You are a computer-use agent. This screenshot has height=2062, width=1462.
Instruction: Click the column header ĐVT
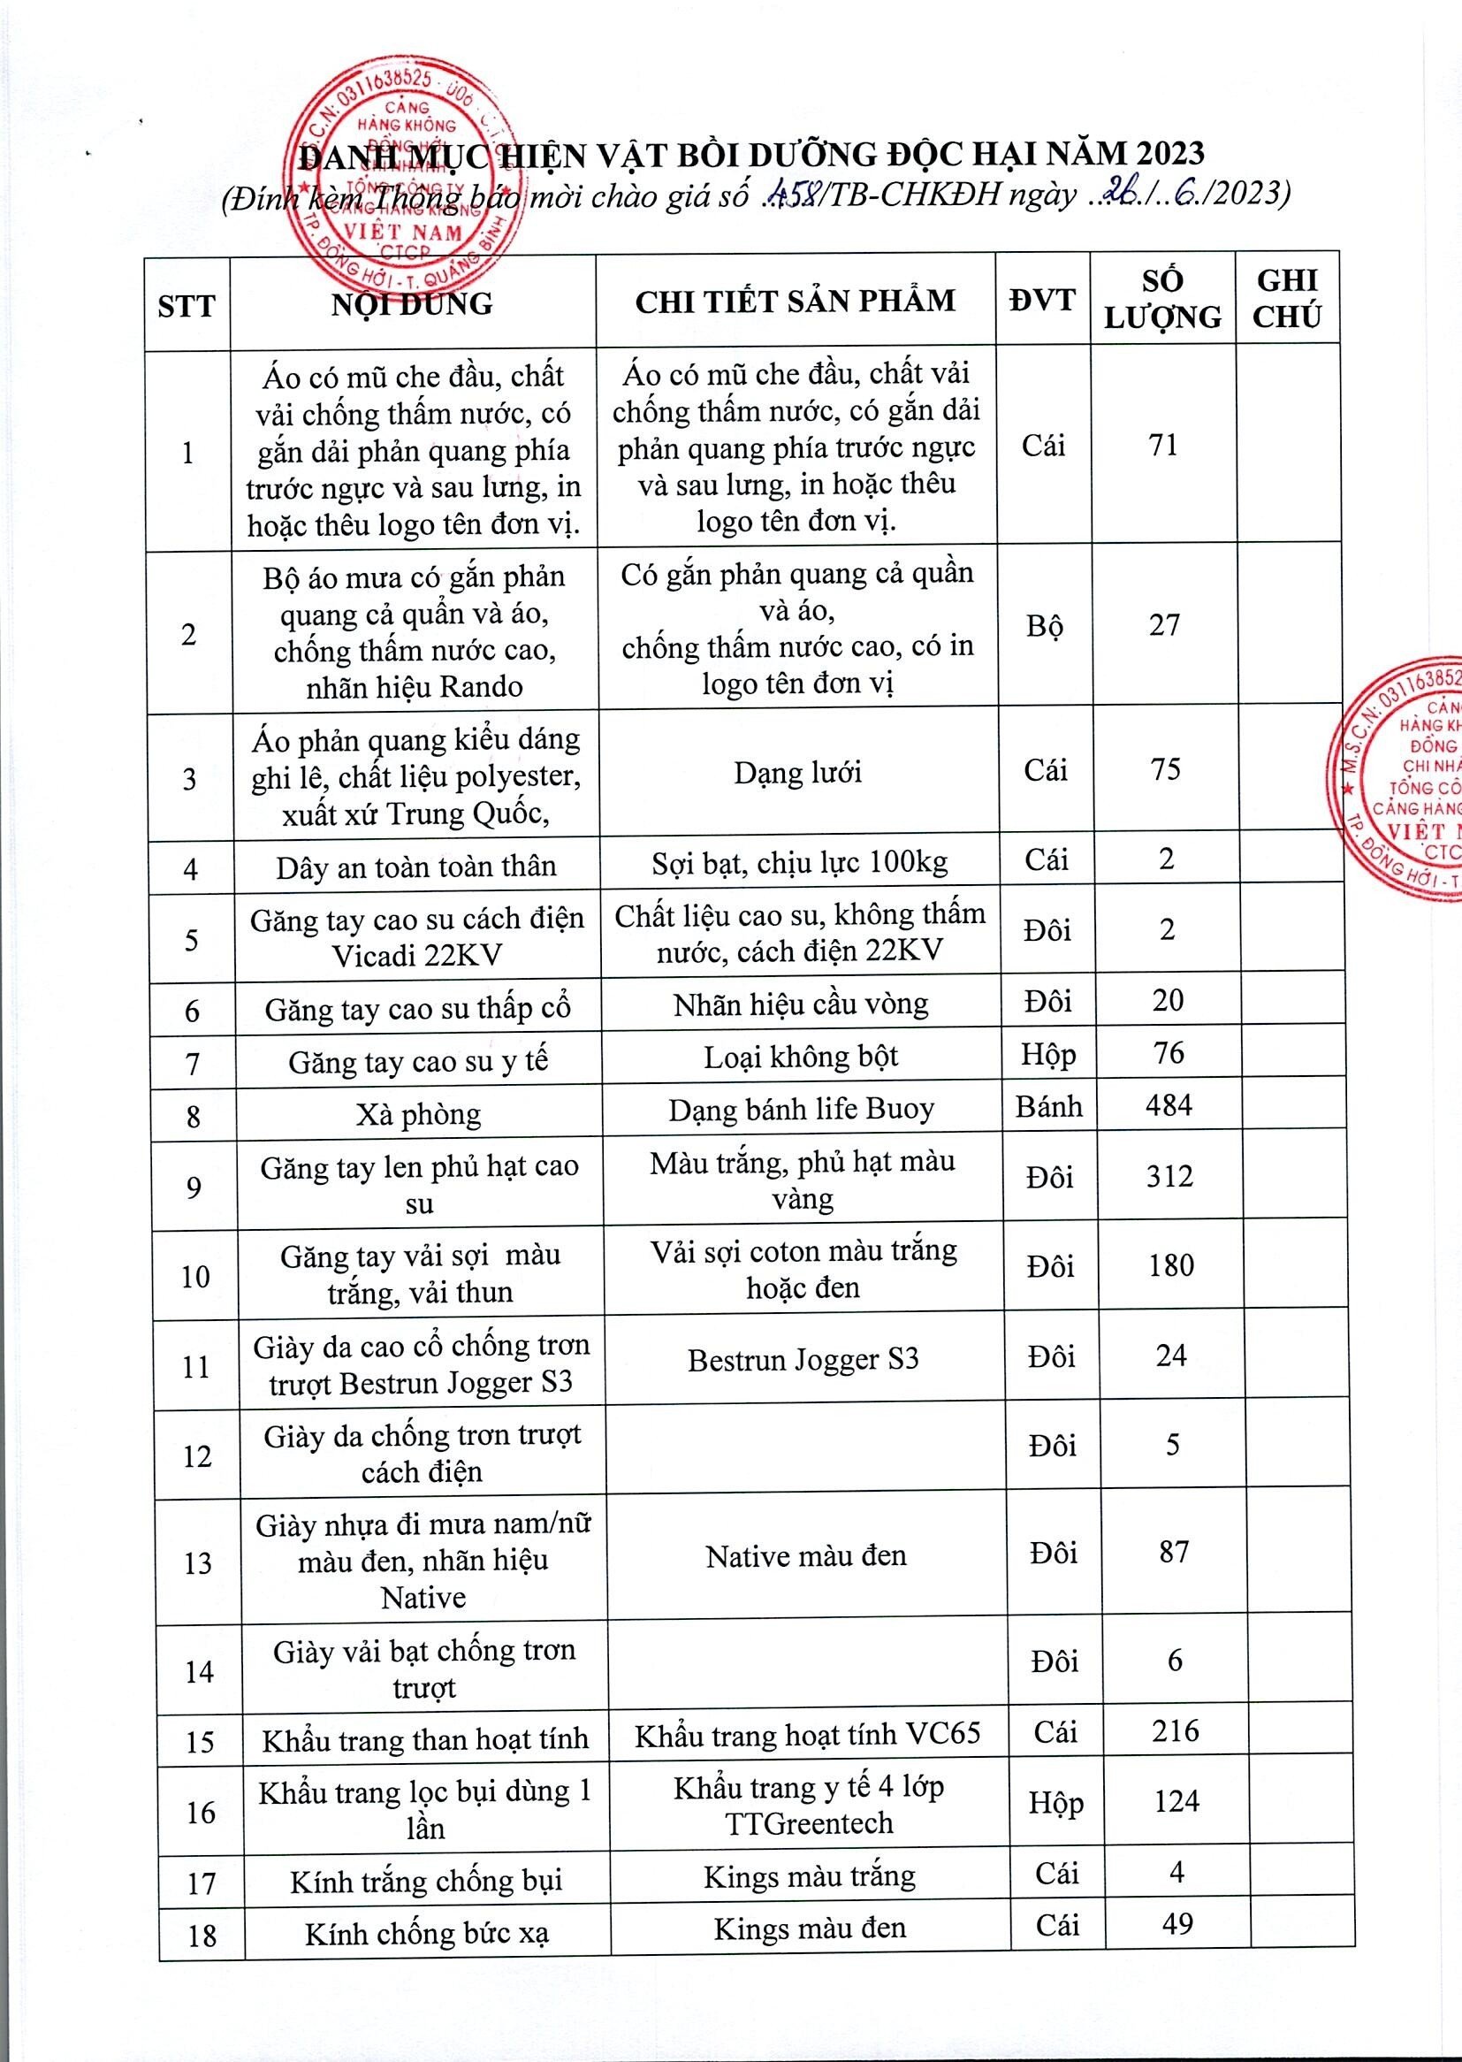(1041, 300)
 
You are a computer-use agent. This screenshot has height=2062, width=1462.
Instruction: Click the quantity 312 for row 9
(1169, 1177)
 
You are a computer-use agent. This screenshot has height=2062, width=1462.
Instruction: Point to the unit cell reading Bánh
(1049, 1106)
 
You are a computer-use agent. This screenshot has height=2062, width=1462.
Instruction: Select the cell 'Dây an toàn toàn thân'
(416, 867)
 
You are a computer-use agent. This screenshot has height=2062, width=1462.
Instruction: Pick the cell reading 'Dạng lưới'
(797, 772)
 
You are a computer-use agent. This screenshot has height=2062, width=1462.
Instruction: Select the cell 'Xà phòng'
(418, 1115)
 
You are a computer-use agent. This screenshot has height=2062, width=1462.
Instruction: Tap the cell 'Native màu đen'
(806, 1556)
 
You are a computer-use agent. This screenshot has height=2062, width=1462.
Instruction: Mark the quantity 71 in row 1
(1163, 445)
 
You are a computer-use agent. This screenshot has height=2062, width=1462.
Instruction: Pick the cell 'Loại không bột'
(800, 1057)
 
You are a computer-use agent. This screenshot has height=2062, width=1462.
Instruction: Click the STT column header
(187, 306)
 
